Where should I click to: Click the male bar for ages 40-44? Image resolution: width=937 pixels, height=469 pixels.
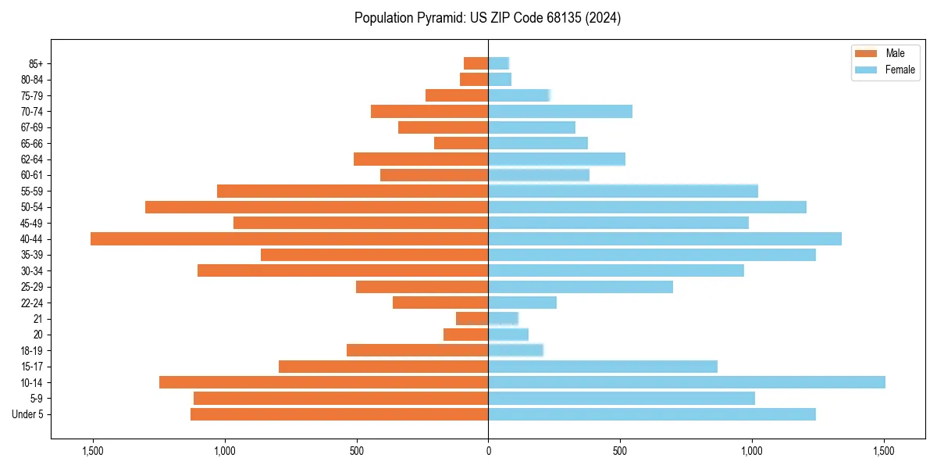coord(289,238)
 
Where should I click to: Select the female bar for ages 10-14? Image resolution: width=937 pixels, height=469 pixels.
coord(686,382)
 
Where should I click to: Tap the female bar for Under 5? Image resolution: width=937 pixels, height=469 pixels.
coord(652,414)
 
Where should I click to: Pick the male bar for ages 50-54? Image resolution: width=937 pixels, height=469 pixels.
coord(316,207)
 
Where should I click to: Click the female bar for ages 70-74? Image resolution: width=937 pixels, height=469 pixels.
coord(560,111)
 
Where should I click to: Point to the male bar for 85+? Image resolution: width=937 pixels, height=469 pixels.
coord(476,63)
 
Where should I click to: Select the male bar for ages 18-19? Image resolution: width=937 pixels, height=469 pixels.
coord(417,350)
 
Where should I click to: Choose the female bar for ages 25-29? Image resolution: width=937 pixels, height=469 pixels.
coord(580,287)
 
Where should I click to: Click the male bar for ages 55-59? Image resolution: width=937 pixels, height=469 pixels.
coord(352,191)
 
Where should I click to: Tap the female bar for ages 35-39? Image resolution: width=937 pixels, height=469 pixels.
coord(652,255)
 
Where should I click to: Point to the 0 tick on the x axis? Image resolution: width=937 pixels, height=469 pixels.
coord(488,450)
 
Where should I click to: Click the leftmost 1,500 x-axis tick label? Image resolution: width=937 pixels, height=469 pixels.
coord(92,450)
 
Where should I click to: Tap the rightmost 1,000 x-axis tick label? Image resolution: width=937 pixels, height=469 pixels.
coord(752,450)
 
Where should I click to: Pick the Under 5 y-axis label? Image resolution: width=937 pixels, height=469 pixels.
coord(28,414)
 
